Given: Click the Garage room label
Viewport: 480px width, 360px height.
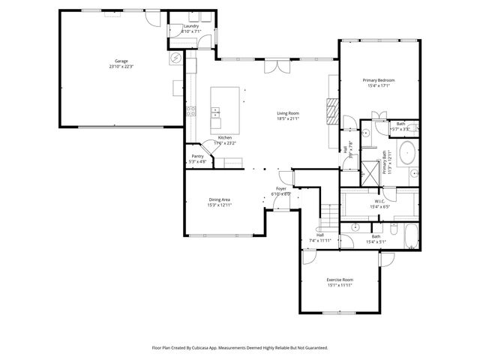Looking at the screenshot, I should click(x=121, y=61).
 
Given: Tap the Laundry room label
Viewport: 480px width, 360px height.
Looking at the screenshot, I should click(x=190, y=26).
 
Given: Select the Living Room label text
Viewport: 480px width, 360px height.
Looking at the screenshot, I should click(x=288, y=113).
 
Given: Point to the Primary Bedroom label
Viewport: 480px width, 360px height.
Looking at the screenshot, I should click(x=379, y=80).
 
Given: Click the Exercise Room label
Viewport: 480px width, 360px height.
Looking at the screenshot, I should click(x=340, y=280).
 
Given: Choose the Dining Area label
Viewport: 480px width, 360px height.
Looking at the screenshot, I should click(x=220, y=199).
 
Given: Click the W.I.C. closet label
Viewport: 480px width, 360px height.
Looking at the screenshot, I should click(x=379, y=201).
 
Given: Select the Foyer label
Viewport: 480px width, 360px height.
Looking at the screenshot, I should click(x=280, y=189).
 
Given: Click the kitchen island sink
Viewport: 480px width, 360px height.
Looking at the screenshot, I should click(x=217, y=113).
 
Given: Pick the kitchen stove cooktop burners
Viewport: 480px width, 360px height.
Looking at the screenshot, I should click(x=190, y=114).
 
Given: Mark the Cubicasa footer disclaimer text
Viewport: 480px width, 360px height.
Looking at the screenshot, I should click(x=240, y=348).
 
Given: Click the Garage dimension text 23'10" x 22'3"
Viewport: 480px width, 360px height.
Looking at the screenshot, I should click(x=121, y=67).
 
